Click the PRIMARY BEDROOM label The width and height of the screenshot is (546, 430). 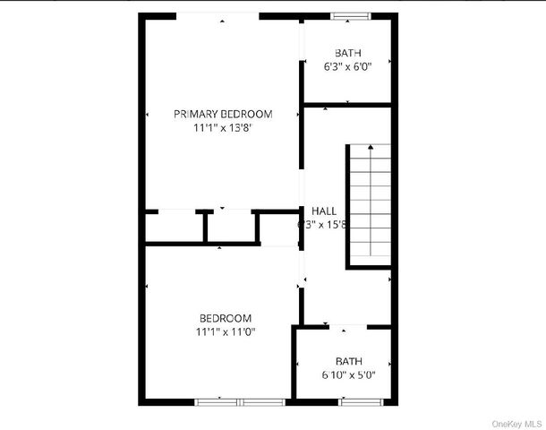coord(223,114)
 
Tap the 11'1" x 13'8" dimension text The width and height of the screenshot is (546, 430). coord(223,128)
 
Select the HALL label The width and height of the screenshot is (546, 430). coord(324,211)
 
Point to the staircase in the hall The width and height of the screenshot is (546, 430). coord(369,205)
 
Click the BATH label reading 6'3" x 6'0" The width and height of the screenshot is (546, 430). coord(348,52)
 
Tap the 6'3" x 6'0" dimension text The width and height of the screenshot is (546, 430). coord(348,65)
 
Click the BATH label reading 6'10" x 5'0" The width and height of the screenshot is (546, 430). coord(348,361)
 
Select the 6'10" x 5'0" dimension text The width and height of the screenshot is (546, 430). coord(348,374)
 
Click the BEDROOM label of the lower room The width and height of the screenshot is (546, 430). coord(225,318)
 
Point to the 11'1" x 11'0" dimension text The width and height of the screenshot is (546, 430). coord(225,332)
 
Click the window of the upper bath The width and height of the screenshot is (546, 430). coord(349,15)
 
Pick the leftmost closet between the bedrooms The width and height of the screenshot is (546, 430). coord(175,228)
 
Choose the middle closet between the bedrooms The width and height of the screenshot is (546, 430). coord(230,228)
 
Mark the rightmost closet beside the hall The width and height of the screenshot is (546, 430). coord(277,228)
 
